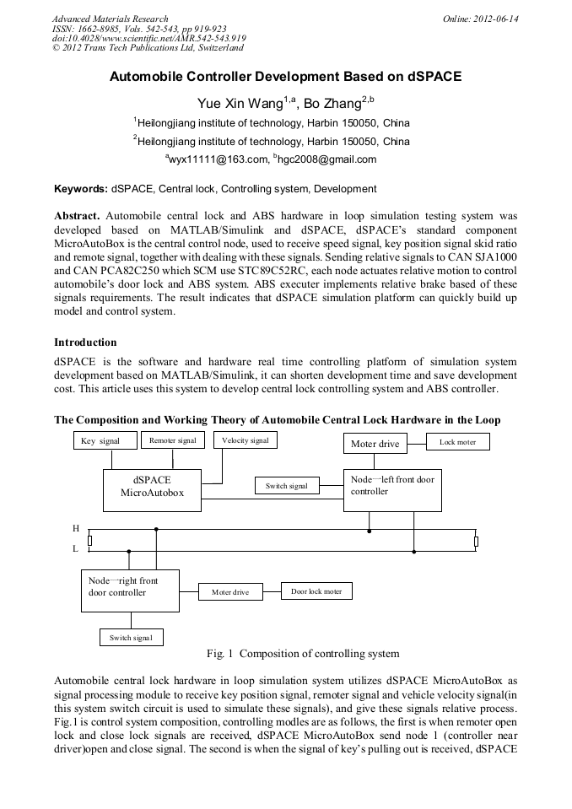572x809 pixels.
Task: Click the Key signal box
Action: pyautogui.click(x=100, y=441)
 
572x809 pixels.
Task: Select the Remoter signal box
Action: pyautogui.click(x=172, y=440)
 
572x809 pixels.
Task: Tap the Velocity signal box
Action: pyautogui.click(x=245, y=440)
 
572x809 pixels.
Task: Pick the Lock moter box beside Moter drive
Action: pyautogui.click(x=457, y=442)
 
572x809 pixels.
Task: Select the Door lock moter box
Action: pyautogui.click(x=316, y=591)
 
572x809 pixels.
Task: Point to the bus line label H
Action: pyautogui.click(x=76, y=528)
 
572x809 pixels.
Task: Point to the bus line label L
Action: pyautogui.click(x=75, y=548)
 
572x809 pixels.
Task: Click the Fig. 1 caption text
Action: pyautogui.click(x=303, y=654)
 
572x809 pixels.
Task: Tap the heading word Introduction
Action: pyautogui.click(x=85, y=342)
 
